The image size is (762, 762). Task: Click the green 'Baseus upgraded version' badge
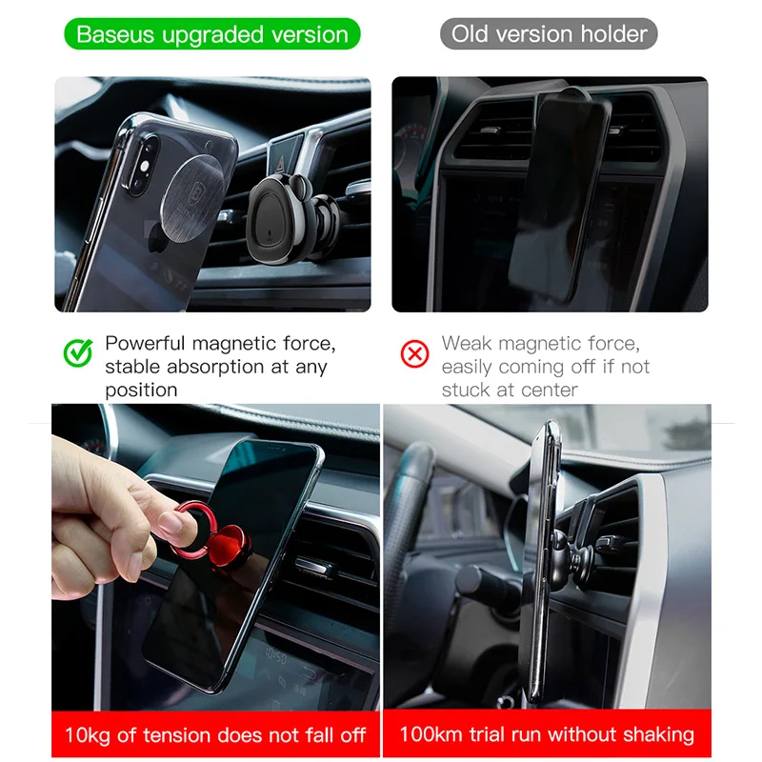coord(211,34)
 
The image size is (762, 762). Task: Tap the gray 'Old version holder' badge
coord(549,34)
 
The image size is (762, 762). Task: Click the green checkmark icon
coord(78,352)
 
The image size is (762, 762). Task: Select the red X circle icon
coord(414,353)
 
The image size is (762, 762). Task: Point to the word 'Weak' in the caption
coord(467,344)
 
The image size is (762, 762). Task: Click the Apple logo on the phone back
coord(159,235)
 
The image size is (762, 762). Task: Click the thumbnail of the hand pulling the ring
coord(216,557)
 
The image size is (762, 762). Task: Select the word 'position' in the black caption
coord(141,391)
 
